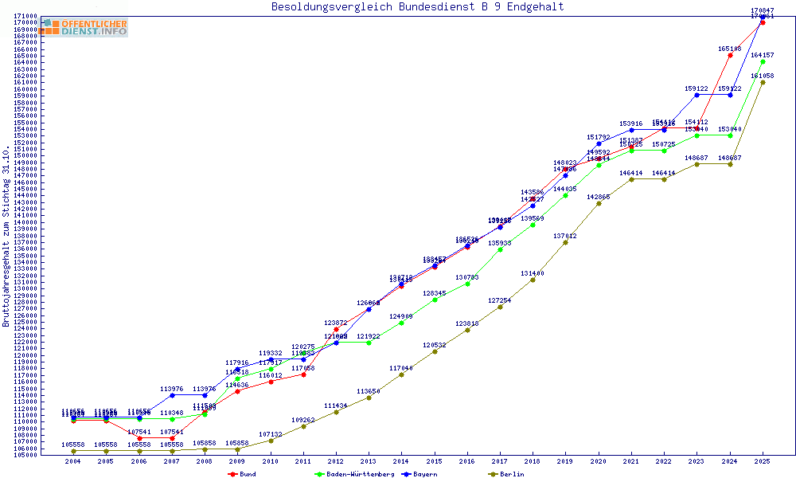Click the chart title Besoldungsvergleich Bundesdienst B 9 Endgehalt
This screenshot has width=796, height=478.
(417, 7)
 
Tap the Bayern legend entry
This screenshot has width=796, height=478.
(424, 474)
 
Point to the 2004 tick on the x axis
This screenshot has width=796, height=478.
(73, 461)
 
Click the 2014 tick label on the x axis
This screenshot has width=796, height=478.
(401, 461)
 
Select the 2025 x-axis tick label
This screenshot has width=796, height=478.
(763, 461)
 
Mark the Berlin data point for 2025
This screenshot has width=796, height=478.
(763, 82)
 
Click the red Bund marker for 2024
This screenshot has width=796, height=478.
(730, 55)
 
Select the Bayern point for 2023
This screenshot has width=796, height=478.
(697, 95)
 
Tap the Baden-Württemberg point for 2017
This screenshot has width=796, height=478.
(500, 249)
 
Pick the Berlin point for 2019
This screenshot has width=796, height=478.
(566, 242)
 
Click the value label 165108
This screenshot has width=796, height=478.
(730, 49)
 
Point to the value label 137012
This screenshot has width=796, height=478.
(565, 236)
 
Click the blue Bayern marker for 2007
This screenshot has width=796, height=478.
(172, 395)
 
